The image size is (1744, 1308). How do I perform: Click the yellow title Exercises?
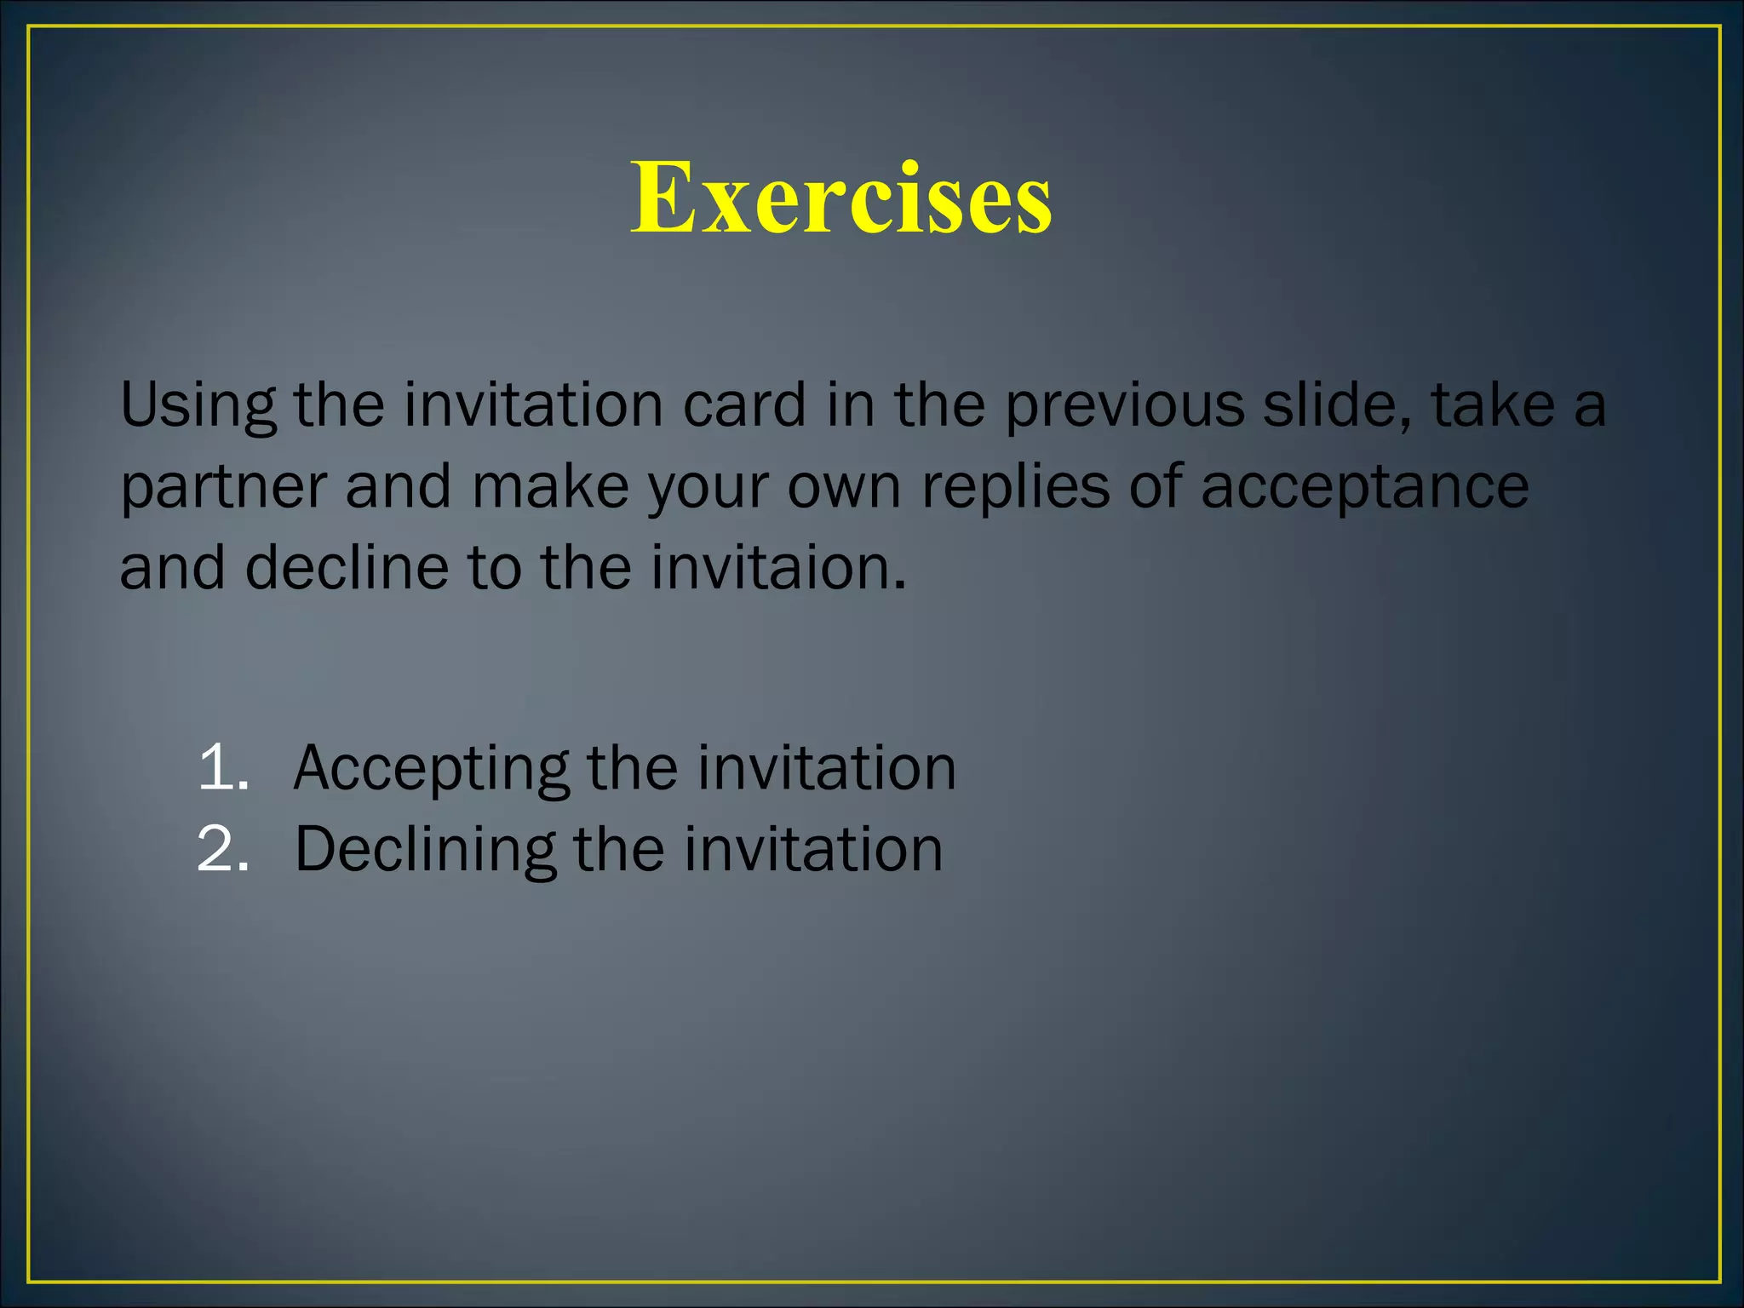[x=840, y=198]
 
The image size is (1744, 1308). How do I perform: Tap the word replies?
[x=1016, y=489]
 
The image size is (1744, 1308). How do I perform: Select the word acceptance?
[x=1364, y=489]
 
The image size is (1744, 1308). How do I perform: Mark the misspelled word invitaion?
[x=778, y=568]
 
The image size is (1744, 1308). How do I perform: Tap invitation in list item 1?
[x=827, y=768]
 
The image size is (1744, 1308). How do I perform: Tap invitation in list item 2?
[x=813, y=850]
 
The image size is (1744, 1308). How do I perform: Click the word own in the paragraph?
[x=844, y=489]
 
